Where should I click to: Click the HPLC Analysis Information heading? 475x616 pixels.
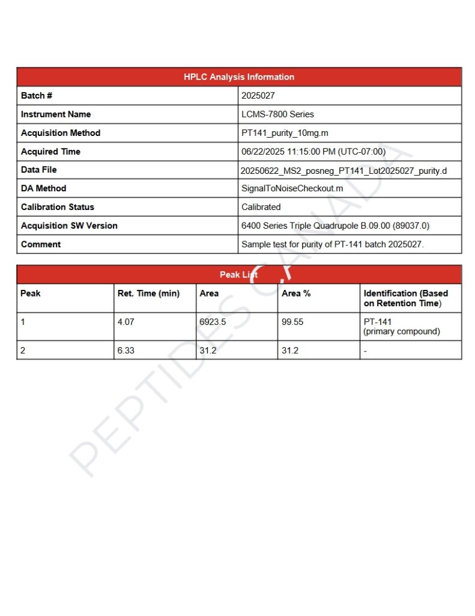point(239,77)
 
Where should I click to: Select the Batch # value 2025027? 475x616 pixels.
point(258,96)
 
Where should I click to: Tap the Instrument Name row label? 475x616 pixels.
point(56,114)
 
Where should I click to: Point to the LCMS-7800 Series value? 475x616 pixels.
point(277,114)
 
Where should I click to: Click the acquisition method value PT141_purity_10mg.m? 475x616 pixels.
point(285,133)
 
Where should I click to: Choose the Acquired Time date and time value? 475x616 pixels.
point(313,152)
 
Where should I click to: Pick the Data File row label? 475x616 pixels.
point(39,170)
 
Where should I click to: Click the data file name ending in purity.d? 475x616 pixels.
point(343,171)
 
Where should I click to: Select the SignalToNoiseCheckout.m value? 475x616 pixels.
point(292,188)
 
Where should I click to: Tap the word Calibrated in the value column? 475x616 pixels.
point(261,207)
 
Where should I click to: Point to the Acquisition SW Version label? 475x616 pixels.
point(69,226)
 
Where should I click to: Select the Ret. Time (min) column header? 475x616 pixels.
point(148,294)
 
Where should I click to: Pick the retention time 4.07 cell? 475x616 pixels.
point(126,322)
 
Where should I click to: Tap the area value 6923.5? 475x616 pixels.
point(213,322)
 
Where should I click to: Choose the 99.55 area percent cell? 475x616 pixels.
point(292,322)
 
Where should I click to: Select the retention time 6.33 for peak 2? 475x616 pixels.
point(126,350)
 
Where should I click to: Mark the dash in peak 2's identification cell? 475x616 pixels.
point(366,351)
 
